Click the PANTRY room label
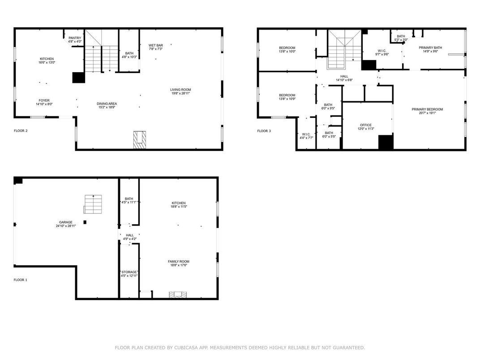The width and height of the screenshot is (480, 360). coord(75,38)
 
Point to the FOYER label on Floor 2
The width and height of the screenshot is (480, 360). coord(44,100)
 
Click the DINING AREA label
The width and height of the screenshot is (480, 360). coord(107,104)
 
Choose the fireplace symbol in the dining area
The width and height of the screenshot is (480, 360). coord(140,139)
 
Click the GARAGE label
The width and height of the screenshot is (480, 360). coord(65,222)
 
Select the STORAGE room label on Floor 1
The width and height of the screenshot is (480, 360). coord(129,272)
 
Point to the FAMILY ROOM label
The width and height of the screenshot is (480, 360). coord(178,261)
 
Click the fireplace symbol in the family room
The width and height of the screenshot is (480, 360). coord(177,295)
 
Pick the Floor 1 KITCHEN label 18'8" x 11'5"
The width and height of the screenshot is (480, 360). coord(178,203)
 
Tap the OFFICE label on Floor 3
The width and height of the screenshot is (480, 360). coord(366,125)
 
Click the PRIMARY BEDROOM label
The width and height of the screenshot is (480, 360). coord(427,109)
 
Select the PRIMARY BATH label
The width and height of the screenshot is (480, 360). coord(430,47)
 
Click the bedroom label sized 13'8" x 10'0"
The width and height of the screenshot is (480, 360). coord(287,48)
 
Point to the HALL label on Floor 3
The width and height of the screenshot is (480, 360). coord(344,76)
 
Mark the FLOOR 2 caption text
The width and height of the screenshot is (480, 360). coord(21,131)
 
